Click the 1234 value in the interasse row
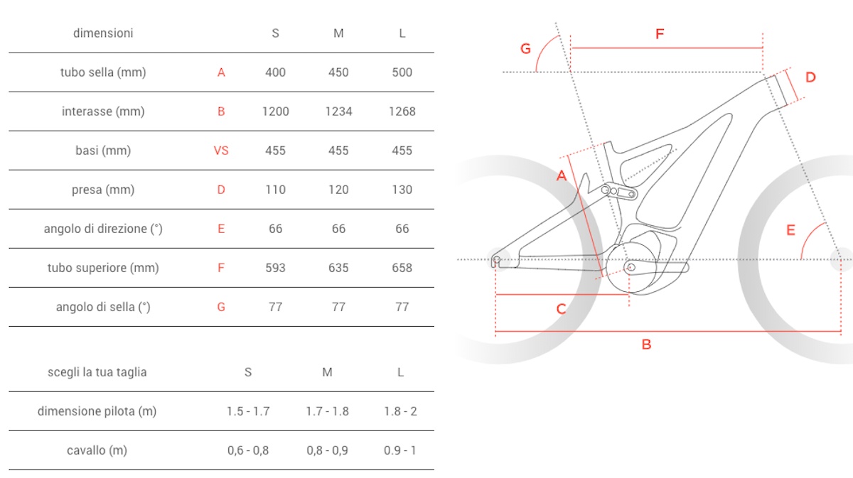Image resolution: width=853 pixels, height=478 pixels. (x=338, y=112)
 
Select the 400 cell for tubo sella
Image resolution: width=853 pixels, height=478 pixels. (x=275, y=72)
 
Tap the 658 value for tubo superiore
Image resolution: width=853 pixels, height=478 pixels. (x=402, y=268)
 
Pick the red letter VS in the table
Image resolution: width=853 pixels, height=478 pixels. (x=221, y=151)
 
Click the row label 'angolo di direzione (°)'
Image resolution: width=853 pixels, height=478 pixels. (x=103, y=229)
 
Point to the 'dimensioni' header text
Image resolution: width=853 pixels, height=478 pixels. (x=103, y=33)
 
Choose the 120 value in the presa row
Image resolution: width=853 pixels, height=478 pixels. (x=338, y=190)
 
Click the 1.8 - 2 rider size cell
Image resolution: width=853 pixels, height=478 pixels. (x=401, y=411)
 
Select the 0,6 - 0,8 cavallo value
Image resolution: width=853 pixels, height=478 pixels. (x=247, y=450)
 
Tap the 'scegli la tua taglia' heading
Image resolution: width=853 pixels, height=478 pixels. (x=97, y=372)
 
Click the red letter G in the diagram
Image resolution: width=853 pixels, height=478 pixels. (x=525, y=48)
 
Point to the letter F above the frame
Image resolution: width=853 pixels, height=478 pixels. (x=660, y=33)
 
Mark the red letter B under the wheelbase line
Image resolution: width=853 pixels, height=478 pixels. (x=646, y=344)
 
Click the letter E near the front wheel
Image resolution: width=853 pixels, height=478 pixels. (x=790, y=229)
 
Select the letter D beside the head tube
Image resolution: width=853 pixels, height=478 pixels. (x=810, y=77)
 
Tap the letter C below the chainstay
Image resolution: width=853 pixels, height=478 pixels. (x=561, y=309)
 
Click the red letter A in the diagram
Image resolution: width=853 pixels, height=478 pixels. (x=561, y=175)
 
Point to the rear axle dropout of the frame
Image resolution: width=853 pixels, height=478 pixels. (x=497, y=259)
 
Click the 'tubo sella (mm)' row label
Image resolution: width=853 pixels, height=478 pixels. (x=103, y=72)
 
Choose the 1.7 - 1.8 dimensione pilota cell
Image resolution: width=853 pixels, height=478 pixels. (x=327, y=411)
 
